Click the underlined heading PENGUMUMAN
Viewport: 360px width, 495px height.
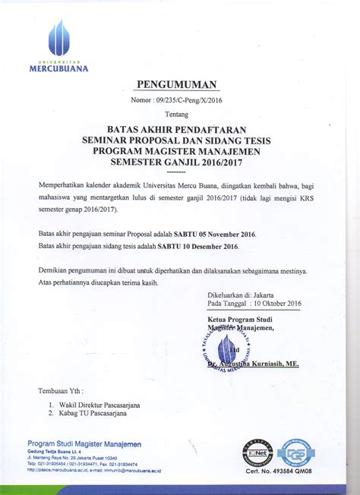[177, 84]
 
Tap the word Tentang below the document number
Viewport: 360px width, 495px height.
[176, 114]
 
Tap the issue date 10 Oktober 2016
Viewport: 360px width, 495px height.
[273, 304]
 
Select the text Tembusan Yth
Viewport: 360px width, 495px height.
[61, 390]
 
